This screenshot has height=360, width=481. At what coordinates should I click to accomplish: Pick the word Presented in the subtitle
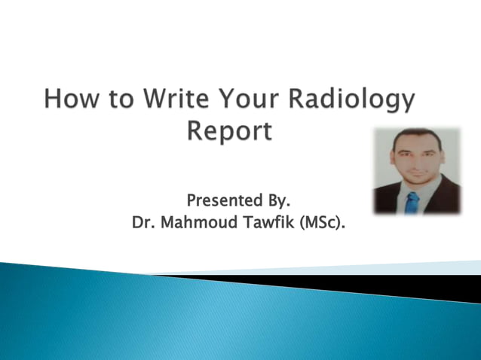(x=222, y=202)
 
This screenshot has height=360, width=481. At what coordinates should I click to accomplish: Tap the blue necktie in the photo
(x=412, y=202)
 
